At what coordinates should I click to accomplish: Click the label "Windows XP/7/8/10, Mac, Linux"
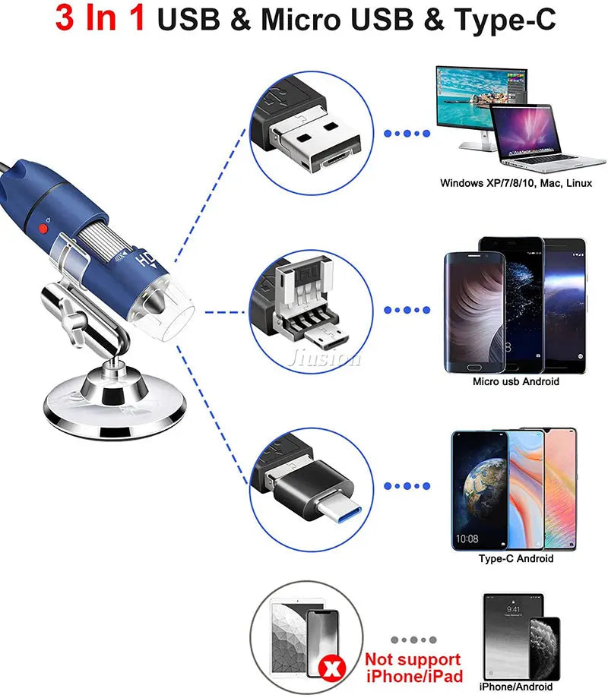click(x=515, y=183)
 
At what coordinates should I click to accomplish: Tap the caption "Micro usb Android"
click(x=515, y=381)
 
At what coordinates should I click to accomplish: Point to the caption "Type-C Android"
click(x=515, y=558)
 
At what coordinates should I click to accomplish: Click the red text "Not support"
click(x=413, y=659)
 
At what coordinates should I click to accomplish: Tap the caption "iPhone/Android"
click(x=516, y=687)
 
